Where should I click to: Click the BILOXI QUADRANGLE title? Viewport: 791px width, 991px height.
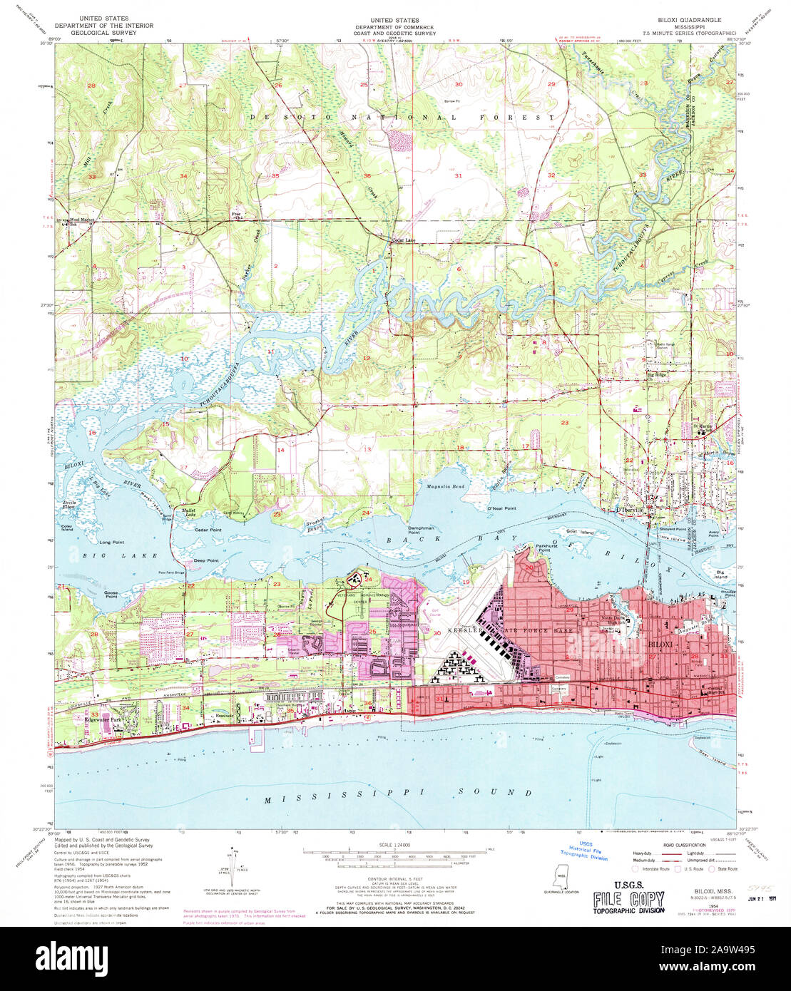[689, 21]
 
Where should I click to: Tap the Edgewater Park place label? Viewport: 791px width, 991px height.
[101, 721]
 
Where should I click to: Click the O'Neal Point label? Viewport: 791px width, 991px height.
[501, 508]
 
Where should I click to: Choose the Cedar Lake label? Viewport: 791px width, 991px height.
[403, 240]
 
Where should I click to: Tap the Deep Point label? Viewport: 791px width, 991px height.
[207, 561]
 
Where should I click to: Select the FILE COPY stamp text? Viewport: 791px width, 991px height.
[628, 900]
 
